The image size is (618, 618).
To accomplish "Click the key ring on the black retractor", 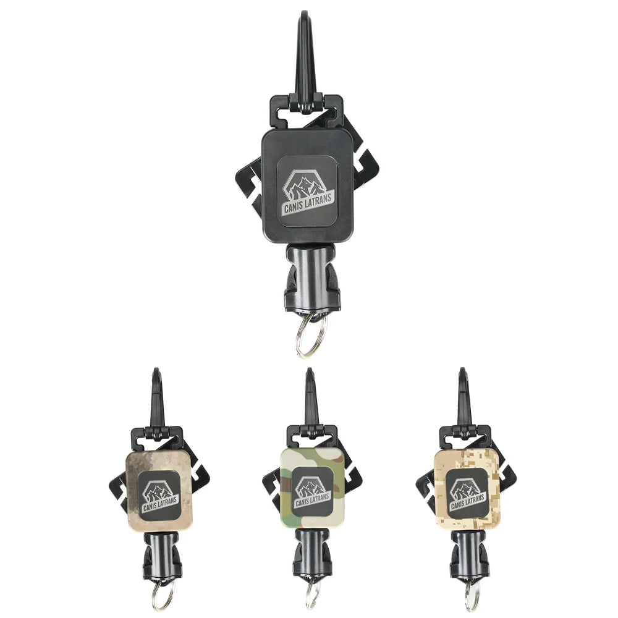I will pos(307,337).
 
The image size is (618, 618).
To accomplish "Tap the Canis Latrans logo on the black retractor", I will pos(308,191).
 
